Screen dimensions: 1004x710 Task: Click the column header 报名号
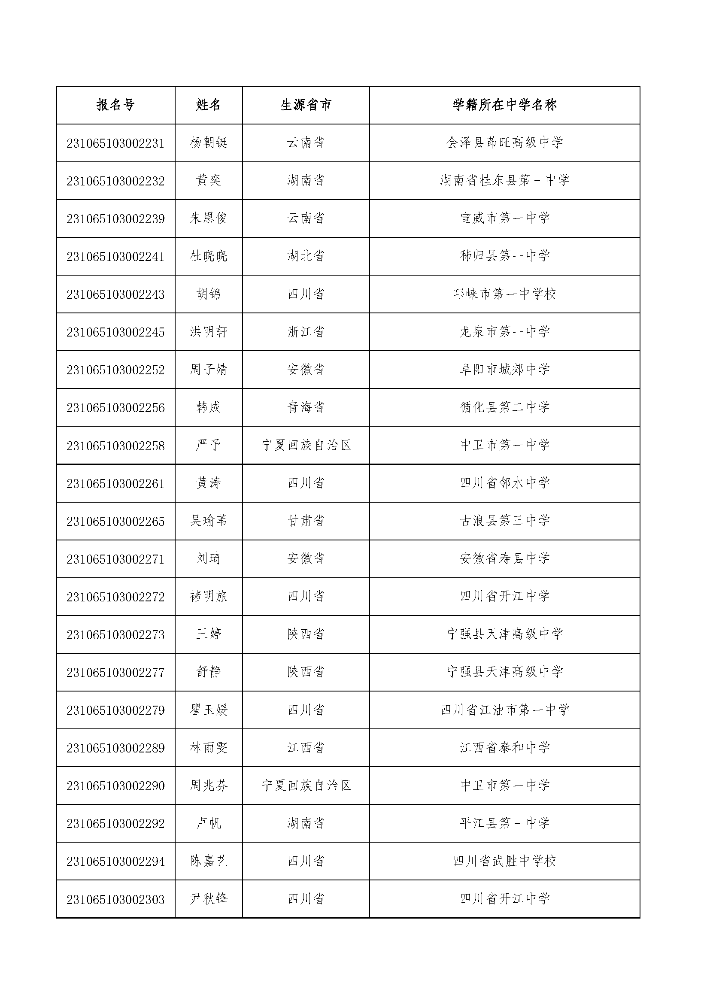point(115,105)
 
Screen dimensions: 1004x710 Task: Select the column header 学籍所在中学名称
point(504,105)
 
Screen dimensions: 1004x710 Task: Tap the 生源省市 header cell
point(306,105)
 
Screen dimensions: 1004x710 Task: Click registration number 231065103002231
point(115,143)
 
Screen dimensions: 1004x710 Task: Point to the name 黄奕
point(209,181)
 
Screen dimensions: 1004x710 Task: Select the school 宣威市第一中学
point(504,218)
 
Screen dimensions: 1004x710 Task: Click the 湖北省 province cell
point(306,256)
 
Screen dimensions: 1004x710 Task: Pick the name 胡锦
point(209,294)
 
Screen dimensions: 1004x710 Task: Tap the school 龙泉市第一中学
point(504,332)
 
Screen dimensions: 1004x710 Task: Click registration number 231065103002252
point(115,370)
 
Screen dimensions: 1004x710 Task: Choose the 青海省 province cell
point(306,407)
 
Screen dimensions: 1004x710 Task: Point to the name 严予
point(209,446)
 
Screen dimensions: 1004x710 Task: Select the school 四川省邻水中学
point(504,483)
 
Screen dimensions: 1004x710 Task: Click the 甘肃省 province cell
point(306,521)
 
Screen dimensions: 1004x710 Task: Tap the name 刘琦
point(209,559)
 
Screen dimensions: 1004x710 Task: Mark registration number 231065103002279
point(115,710)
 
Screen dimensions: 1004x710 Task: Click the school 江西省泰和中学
point(504,748)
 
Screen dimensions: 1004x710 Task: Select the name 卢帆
point(209,823)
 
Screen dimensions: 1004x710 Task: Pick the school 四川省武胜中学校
point(504,861)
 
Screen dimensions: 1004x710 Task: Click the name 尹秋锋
point(209,899)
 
